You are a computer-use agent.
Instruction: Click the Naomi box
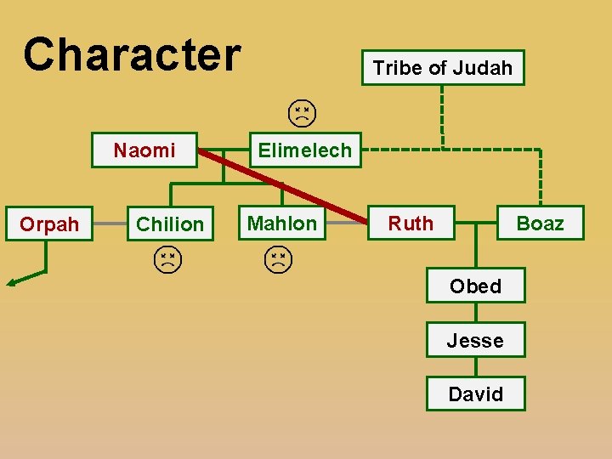pos(144,150)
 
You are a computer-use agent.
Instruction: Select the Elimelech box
pos(304,150)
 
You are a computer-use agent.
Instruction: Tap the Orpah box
pos(49,224)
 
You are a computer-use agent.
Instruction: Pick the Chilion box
pos(170,224)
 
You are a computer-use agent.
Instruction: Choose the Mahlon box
pos(281,224)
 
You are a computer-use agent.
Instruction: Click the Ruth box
pos(411,224)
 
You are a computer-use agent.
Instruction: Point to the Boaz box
pos(540,224)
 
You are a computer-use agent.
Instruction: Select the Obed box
pos(475,286)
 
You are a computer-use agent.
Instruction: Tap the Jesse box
pos(475,341)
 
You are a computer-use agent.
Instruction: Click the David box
pos(475,394)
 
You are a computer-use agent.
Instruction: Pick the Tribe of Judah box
pos(443,68)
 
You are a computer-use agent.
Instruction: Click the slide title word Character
pos(133,54)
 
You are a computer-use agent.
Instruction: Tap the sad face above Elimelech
pos(301,113)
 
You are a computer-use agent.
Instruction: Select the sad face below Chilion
pos(168,259)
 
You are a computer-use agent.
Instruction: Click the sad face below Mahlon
pos(277,259)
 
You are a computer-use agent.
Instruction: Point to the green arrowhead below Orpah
pos(11,282)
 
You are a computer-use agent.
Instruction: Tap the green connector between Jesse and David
pos(475,368)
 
